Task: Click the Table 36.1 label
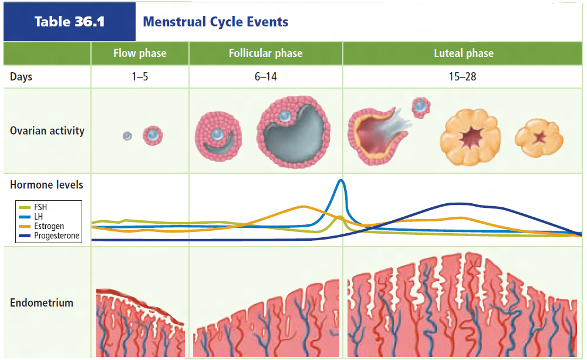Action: [x=69, y=22]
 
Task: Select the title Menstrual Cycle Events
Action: [x=215, y=22]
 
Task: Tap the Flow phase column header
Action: [x=140, y=53]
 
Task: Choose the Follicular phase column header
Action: [x=265, y=53]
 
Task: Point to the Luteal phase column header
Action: [x=463, y=53]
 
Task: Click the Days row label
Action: [x=21, y=77]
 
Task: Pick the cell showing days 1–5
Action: [x=140, y=77]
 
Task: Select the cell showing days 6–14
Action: [x=265, y=77]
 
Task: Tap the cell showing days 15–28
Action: [x=463, y=77]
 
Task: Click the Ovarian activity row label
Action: [x=47, y=130]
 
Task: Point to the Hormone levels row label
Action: [x=46, y=184]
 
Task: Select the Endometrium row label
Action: [x=42, y=303]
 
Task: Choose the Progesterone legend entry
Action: [x=56, y=236]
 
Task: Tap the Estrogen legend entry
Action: [x=49, y=226]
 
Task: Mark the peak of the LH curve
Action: [x=341, y=180]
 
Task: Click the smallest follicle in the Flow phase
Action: [x=127, y=136]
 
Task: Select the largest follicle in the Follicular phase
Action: [x=293, y=132]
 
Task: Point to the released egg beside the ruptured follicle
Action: [x=421, y=106]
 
